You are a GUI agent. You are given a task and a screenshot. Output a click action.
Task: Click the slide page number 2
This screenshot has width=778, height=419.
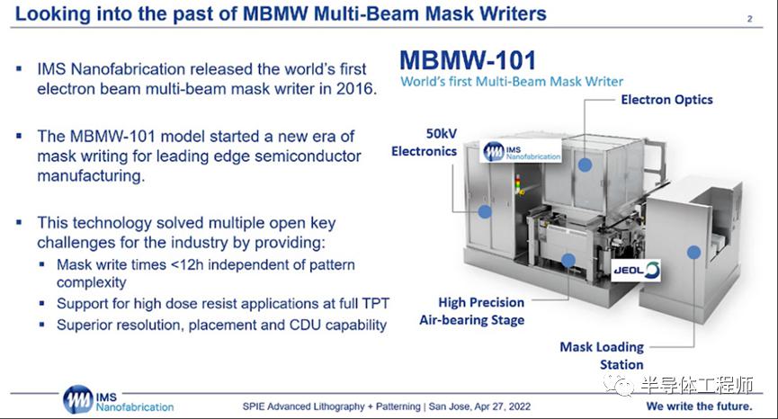click(750, 19)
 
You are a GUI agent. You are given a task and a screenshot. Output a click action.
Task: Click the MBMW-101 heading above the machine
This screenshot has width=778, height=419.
click(468, 60)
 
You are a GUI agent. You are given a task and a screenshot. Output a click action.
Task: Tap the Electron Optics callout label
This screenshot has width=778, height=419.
click(666, 100)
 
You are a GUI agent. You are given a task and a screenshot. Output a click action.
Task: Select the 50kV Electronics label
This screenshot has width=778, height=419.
click(425, 142)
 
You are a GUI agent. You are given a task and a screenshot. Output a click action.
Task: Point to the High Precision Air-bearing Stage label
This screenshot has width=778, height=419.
click(472, 311)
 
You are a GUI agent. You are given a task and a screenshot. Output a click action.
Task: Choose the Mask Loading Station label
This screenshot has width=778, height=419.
click(602, 355)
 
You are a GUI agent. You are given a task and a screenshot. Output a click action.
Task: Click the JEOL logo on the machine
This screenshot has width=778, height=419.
click(636, 271)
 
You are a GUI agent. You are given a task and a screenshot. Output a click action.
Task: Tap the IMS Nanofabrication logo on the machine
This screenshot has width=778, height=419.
click(522, 152)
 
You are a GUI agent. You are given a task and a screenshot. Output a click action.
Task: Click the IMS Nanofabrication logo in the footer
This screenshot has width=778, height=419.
click(118, 399)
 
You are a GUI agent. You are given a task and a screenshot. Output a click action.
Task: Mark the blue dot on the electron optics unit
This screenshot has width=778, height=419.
click(585, 165)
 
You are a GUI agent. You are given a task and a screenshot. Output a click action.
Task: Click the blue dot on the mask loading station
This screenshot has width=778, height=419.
click(693, 253)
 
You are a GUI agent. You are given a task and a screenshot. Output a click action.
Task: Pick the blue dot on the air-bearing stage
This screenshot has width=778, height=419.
click(568, 260)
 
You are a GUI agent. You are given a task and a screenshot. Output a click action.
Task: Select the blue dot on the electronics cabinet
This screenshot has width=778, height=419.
click(485, 211)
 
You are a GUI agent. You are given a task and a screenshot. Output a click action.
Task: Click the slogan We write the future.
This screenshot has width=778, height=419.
click(699, 406)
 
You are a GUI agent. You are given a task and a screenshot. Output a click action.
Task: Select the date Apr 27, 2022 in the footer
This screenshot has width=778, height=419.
click(503, 406)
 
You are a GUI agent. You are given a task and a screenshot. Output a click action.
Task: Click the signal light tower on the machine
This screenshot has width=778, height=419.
click(518, 184)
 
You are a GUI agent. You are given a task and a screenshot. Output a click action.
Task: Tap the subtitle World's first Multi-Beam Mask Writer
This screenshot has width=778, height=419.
click(512, 81)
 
